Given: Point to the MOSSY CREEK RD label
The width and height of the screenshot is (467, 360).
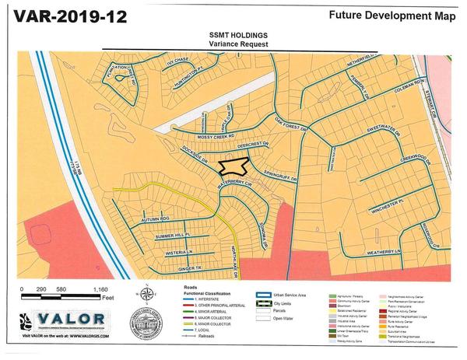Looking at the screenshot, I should click(217, 135).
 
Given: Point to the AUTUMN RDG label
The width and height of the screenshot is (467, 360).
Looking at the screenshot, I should click(154, 219).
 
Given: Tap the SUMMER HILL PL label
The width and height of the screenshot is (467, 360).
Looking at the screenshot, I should click(173, 235).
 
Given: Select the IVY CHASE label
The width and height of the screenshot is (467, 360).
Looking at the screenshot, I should click(177, 60).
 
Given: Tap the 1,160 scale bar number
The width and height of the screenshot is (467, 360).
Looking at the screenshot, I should click(100, 289).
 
